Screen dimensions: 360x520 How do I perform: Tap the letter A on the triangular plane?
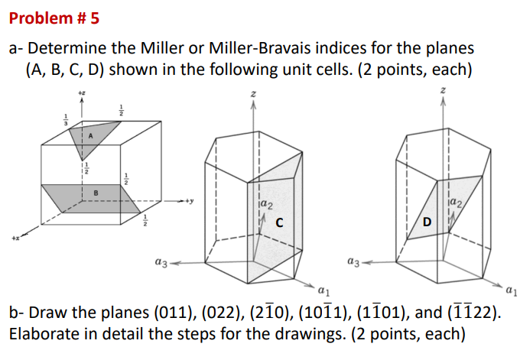tap(90, 135)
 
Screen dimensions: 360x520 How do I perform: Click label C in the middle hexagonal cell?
tap(280, 222)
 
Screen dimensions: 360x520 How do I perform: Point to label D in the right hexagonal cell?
tap(428, 222)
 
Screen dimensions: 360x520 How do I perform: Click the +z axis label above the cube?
tap(81, 92)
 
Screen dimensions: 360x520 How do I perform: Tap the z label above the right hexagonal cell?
tap(442, 92)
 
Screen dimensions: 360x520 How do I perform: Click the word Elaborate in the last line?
tap(42, 335)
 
